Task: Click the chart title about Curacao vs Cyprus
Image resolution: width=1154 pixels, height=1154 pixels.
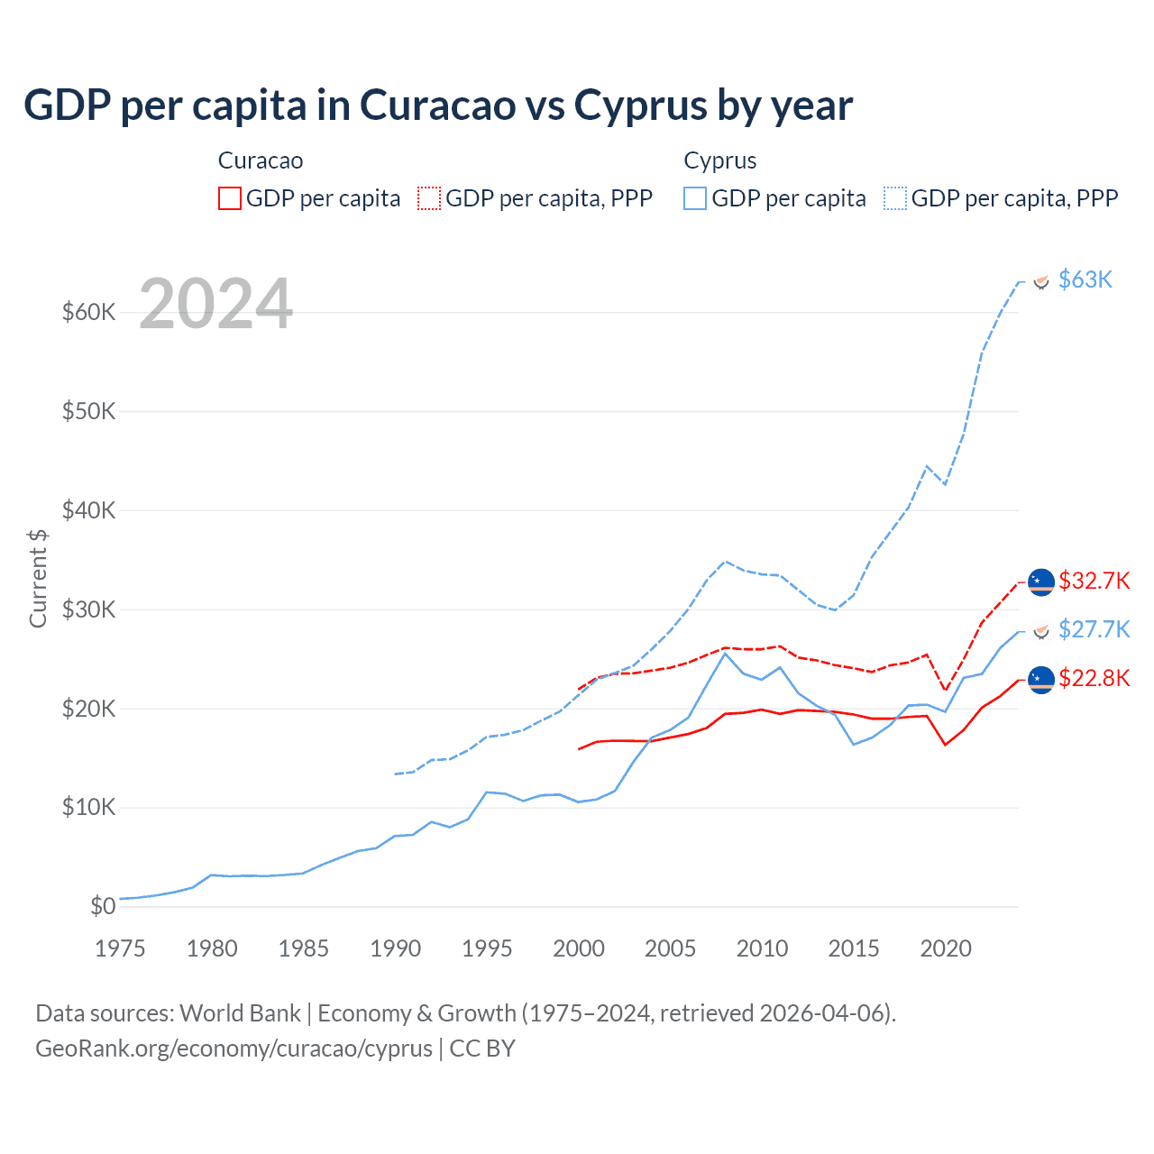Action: pos(438,105)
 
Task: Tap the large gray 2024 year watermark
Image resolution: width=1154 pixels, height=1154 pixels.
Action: pos(216,305)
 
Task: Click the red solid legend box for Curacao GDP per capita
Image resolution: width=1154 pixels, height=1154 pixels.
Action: pos(230,198)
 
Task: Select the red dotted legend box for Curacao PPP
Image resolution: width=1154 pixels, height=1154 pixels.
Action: pos(429,198)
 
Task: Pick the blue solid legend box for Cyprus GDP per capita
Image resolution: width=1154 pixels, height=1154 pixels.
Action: pos(695,198)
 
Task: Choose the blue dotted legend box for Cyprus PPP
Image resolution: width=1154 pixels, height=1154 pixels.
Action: pos(895,198)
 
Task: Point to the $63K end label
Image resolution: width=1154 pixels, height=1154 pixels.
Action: pos(1085,279)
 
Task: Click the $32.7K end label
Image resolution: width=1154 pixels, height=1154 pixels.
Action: pos(1094,581)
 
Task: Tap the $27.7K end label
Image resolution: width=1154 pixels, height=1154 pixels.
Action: pos(1094,629)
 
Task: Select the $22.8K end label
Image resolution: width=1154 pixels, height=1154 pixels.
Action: pos(1094,678)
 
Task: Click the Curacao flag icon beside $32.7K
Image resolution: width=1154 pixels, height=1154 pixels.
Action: pos(1041,582)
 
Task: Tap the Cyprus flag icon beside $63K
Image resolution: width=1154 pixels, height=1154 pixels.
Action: pos(1041,281)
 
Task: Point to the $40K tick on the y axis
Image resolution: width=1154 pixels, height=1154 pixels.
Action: pos(89,510)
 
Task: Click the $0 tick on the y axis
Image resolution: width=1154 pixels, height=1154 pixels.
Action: pos(103,906)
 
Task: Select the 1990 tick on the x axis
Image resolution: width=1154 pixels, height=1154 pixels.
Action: pos(395,948)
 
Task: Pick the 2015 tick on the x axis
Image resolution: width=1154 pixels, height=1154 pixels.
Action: pos(854,948)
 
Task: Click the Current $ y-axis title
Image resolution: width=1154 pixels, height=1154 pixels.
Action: pos(38,578)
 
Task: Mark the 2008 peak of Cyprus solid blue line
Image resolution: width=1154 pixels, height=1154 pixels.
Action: pos(726,653)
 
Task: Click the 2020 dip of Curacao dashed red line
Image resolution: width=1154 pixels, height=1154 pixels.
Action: pos(945,690)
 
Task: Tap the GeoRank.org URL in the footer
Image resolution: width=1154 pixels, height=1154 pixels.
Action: pos(234,1049)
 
